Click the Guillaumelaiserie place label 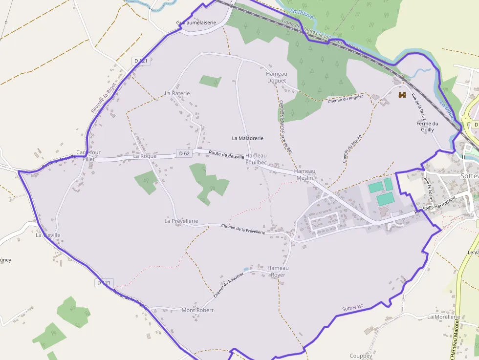[196, 22]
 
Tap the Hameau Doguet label [276, 77]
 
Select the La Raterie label [177, 93]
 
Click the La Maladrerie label [247, 138]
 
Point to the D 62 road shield [184, 153]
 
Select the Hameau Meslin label [305, 174]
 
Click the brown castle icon [403, 95]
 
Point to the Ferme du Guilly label [427, 127]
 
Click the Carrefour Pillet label [88, 156]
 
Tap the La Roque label [145, 156]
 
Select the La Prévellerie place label [181, 221]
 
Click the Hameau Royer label [278, 271]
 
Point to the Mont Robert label [197, 310]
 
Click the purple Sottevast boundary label [352, 308]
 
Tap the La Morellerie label [443, 317]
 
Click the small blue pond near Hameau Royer [245, 269]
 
